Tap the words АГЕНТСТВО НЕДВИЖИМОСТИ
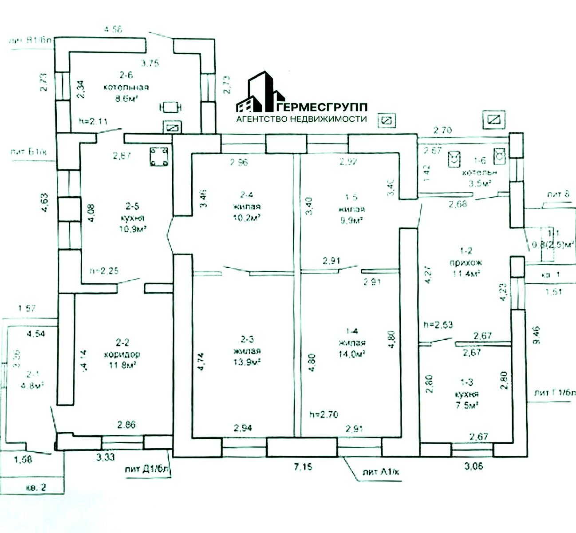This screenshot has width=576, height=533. tap(301, 119)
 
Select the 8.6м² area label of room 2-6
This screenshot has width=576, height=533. tap(126, 99)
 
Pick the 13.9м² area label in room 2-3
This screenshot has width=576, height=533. tap(249, 362)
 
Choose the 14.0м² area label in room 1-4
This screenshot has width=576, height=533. tap(352, 354)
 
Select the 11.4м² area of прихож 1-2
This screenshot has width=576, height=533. tap(468, 274)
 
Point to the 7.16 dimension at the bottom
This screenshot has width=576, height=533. tap(304, 467)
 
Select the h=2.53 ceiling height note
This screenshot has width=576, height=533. tap(438, 325)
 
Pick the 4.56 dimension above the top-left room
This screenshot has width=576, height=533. tap(112, 30)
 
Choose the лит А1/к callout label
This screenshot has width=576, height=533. tap(381, 472)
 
